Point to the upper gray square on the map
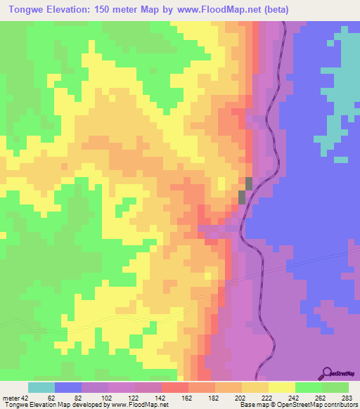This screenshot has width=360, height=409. (x=248, y=183)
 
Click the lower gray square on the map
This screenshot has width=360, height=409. (x=243, y=197)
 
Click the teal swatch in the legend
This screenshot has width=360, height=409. (x=41, y=387)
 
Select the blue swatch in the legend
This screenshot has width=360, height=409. (x=67, y=387)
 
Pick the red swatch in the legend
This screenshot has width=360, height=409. (x=174, y=387)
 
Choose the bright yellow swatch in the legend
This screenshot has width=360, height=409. (x=281, y=387)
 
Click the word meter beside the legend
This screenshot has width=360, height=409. (x=11, y=397)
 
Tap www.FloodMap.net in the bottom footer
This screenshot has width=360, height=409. (x=139, y=405)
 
